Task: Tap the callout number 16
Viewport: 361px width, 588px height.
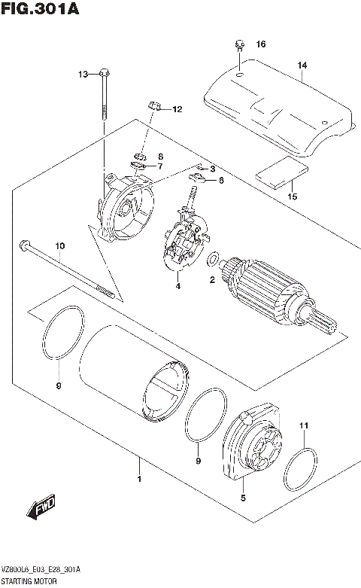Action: click(261, 44)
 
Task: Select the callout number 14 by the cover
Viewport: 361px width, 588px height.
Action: click(302, 66)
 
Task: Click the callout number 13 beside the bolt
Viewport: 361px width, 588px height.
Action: click(83, 73)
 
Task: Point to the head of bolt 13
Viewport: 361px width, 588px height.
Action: click(104, 73)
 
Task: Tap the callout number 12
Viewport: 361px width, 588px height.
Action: click(177, 110)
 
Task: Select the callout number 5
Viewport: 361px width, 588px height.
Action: click(243, 497)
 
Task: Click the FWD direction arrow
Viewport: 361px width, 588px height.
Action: click(41, 510)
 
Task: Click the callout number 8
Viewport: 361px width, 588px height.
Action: click(160, 156)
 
